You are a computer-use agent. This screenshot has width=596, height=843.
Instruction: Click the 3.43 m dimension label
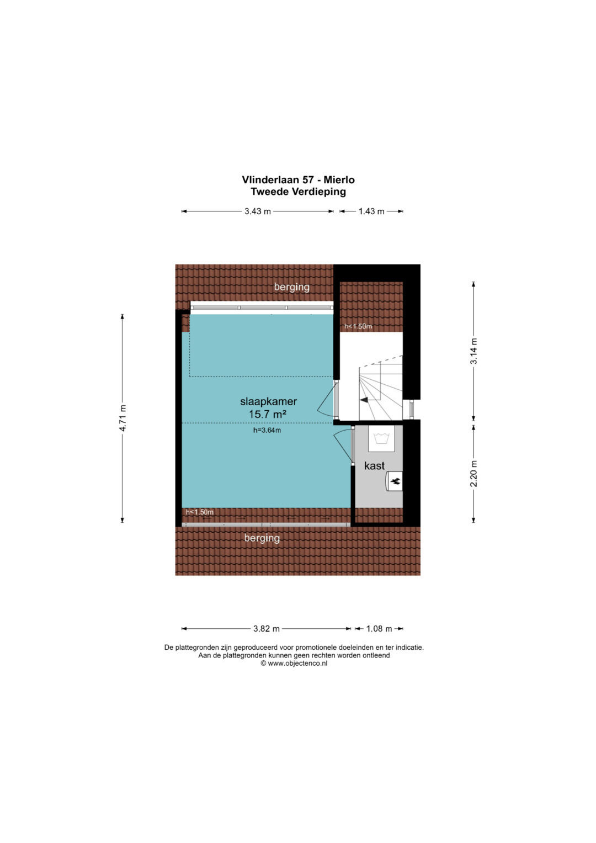tap(257, 211)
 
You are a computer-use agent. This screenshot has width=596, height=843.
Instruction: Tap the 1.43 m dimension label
tap(371, 211)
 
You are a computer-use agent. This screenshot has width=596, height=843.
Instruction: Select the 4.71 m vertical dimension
tap(123, 418)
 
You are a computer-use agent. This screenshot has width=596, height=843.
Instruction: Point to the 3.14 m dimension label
tap(473, 351)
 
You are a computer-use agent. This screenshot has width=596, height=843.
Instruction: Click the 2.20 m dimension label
tap(473, 474)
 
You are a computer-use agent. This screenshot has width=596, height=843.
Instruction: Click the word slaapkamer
tap(269, 401)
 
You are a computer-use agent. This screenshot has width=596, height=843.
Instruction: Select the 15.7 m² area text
tap(268, 414)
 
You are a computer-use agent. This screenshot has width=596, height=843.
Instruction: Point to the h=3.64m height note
tap(267, 430)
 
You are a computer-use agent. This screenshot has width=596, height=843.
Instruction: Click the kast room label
tap(374, 465)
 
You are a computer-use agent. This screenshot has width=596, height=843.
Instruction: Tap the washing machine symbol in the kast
tap(381, 438)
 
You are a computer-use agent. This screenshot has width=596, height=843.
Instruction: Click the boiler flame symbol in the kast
tap(395, 481)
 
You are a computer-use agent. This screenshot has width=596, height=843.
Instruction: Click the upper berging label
tap(291, 287)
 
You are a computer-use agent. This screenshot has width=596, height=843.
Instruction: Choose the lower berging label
tap(262, 538)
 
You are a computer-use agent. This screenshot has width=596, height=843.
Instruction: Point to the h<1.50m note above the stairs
tap(358, 326)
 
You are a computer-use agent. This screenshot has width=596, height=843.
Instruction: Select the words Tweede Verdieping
tap(298, 192)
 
